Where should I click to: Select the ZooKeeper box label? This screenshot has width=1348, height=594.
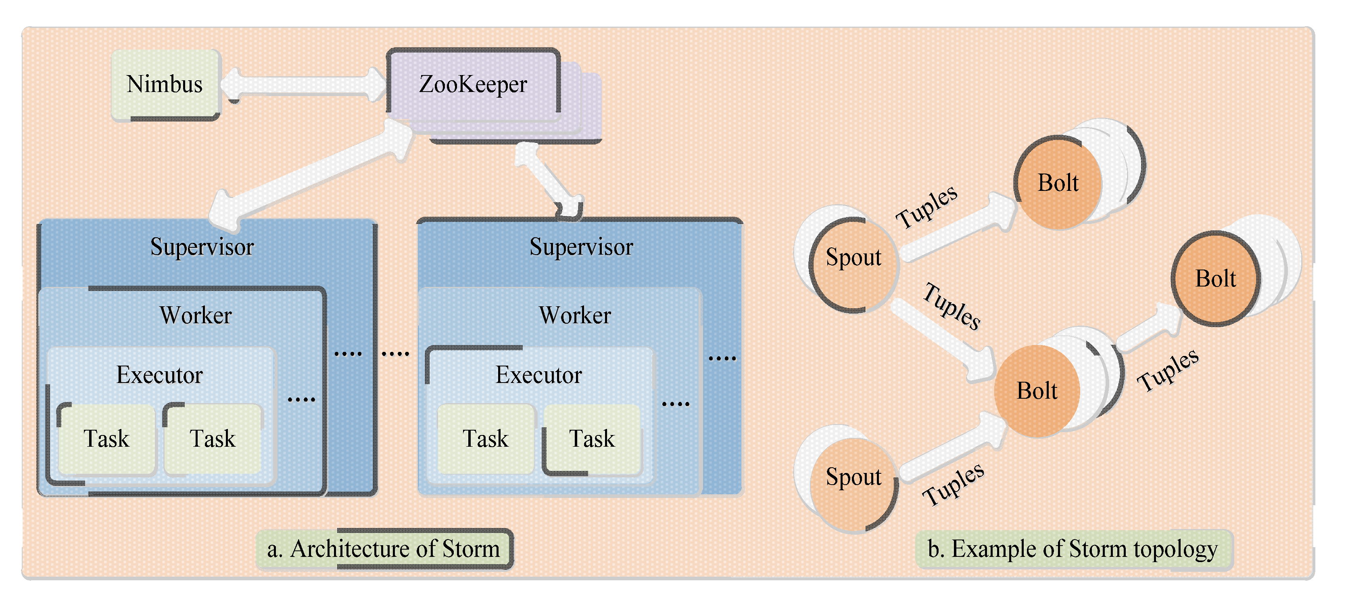(x=473, y=85)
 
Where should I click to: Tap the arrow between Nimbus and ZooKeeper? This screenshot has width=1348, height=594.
(x=303, y=85)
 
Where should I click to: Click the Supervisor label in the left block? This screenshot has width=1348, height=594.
(x=202, y=247)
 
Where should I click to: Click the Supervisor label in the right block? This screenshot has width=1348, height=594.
(x=581, y=247)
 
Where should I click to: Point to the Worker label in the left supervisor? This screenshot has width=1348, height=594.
(x=196, y=316)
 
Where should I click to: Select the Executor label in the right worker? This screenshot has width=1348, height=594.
(x=538, y=375)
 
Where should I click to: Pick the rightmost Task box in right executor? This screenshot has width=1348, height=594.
(x=592, y=439)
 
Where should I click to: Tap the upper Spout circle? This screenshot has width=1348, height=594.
(x=853, y=264)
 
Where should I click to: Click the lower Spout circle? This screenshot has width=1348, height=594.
(x=853, y=484)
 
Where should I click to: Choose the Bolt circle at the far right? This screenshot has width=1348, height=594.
(x=1215, y=279)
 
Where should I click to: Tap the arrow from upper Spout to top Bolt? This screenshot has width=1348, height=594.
(x=958, y=230)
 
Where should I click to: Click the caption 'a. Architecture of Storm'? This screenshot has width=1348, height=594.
(x=384, y=549)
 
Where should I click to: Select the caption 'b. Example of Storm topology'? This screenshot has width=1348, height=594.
(x=1073, y=549)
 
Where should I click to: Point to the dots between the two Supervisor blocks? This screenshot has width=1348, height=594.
(x=396, y=354)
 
